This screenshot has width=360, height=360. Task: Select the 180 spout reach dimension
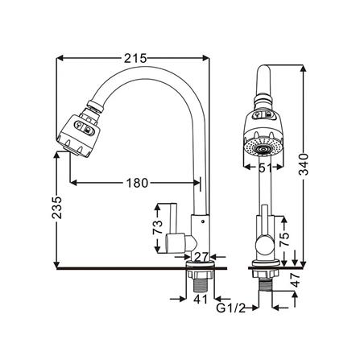(136, 183)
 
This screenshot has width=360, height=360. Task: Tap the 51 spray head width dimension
(265, 168)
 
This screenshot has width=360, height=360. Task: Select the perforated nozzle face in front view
(265, 149)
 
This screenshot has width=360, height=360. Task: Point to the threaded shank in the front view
(265, 282)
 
